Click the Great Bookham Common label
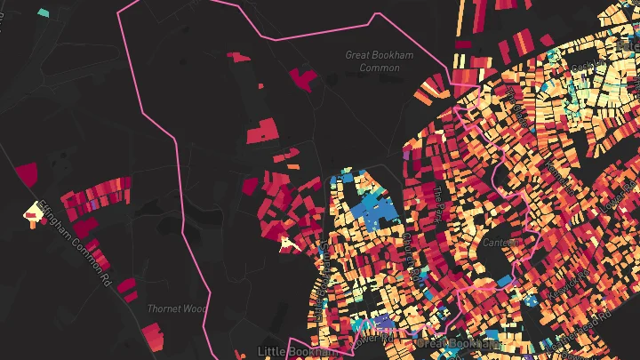380,60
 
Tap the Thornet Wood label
176,308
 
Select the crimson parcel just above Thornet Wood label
128,286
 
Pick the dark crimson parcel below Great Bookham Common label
303,79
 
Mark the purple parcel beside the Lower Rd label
384,322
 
